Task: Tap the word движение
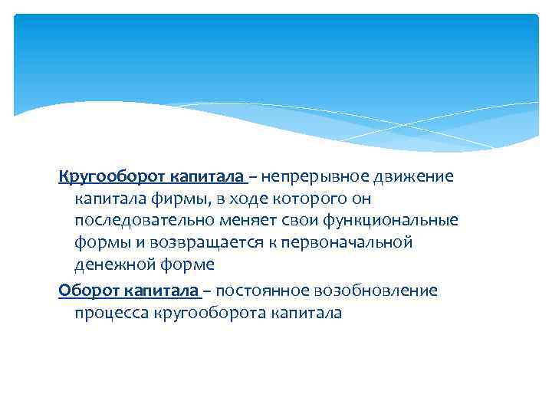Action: click(x=415, y=177)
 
